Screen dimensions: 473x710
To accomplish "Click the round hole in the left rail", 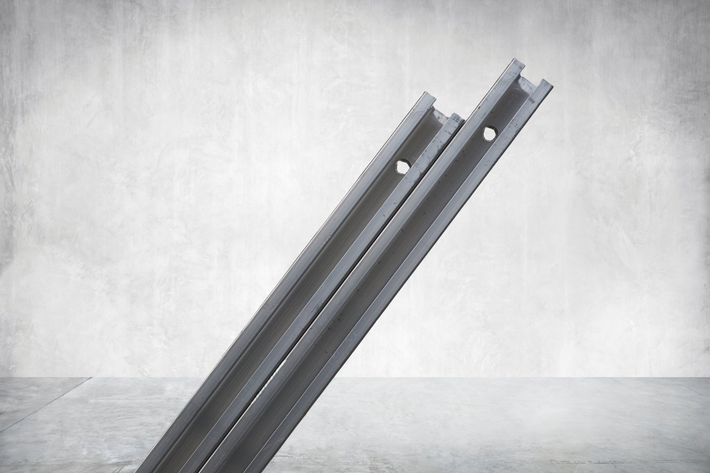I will tap(402, 166).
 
